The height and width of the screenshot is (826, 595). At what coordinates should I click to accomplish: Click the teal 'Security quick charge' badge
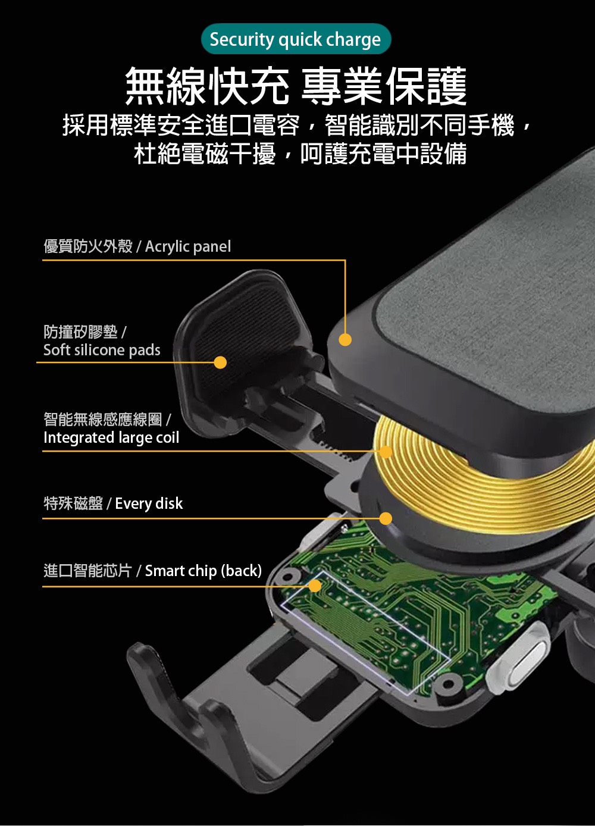pyautogui.click(x=296, y=39)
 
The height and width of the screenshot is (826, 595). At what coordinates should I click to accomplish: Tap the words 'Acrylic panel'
pyautogui.click(x=188, y=247)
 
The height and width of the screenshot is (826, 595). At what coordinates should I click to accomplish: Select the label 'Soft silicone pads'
pyautogui.click(x=102, y=350)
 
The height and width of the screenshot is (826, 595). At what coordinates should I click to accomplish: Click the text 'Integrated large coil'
pyautogui.click(x=111, y=438)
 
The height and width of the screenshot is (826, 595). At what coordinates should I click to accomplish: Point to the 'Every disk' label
pyautogui.click(x=149, y=503)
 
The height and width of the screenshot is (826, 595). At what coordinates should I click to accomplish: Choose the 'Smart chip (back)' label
pyautogui.click(x=203, y=571)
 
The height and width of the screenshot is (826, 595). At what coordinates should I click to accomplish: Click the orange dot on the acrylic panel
pyautogui.click(x=345, y=339)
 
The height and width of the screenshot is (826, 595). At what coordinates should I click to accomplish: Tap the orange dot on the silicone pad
pyautogui.click(x=220, y=362)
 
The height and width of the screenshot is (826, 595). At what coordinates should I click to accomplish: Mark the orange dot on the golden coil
pyautogui.click(x=386, y=452)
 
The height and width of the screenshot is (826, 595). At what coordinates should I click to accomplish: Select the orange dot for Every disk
pyautogui.click(x=386, y=518)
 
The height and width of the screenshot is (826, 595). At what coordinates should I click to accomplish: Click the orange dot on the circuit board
pyautogui.click(x=315, y=586)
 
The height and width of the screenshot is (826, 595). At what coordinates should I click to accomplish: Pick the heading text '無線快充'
pyautogui.click(x=207, y=86)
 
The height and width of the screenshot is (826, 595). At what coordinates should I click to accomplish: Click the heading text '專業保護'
pyautogui.click(x=384, y=86)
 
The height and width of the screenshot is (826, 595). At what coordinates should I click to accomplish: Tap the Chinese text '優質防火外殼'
pyautogui.click(x=87, y=247)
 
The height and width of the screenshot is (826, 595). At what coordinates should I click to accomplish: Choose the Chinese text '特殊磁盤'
pyautogui.click(x=73, y=503)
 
